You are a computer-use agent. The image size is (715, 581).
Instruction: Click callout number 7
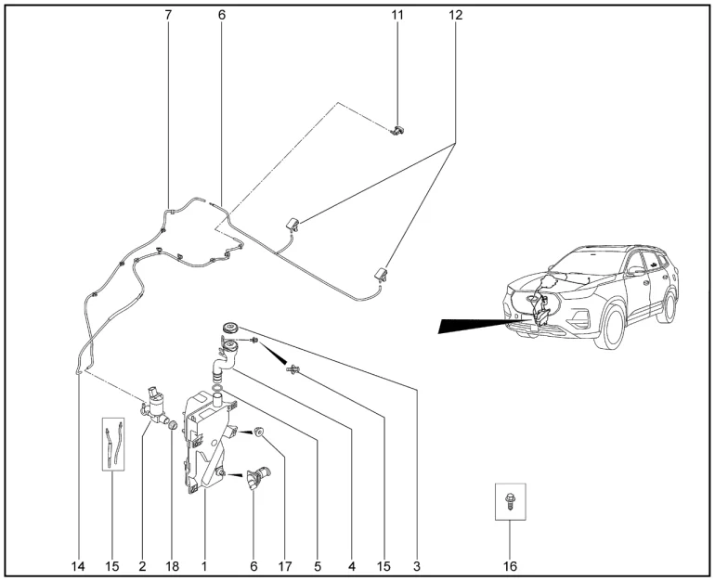168,15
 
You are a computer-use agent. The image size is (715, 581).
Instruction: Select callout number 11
397,15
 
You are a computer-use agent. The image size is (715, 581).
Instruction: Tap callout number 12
455,15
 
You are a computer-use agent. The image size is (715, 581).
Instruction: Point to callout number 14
80,565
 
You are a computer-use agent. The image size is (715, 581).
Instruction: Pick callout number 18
173,565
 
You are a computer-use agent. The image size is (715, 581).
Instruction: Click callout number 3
417,565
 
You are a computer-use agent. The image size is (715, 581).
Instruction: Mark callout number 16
510,565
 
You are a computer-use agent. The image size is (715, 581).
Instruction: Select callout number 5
318,565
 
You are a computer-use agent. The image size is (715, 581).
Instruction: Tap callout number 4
352,565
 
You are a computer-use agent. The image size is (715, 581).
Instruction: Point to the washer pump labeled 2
156,406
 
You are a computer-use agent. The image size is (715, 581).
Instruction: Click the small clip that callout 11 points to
397,131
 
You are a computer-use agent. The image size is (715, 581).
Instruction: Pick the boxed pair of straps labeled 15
113,443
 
